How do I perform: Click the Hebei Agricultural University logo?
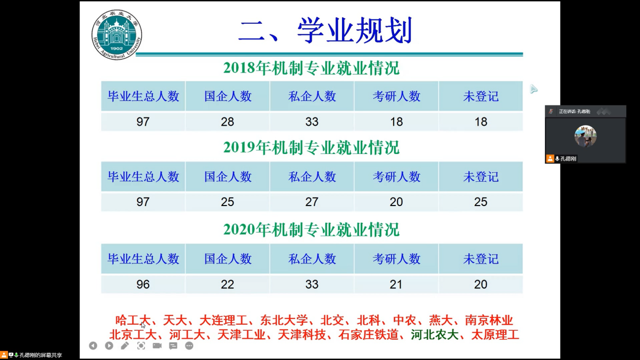point(117,35)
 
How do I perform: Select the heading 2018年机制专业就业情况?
point(312,68)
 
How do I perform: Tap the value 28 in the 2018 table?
point(227,122)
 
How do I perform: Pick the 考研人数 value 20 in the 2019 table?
point(396,202)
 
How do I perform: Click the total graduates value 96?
point(143,284)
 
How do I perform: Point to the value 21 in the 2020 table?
point(396,284)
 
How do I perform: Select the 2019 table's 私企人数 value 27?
point(312,202)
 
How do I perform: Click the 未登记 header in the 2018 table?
point(481,96)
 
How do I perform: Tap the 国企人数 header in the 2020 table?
point(228,259)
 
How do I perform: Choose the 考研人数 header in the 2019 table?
point(397,177)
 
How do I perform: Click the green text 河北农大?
point(434,335)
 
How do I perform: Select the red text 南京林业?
point(489,320)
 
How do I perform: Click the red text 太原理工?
point(495,335)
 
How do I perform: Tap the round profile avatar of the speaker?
point(585,136)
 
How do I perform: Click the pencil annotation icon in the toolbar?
point(125,346)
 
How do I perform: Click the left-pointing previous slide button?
point(93,346)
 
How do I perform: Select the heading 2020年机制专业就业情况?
point(312,230)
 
